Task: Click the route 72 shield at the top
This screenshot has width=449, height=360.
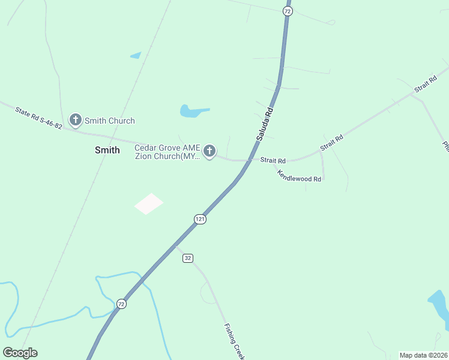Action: tap(288, 11)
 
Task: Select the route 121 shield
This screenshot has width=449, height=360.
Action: tap(200, 219)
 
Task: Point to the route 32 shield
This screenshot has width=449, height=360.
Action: tap(188, 258)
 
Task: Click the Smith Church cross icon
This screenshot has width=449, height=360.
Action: tap(76, 120)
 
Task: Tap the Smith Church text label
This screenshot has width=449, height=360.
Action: tap(110, 121)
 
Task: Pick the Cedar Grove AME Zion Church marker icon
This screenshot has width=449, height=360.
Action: tap(209, 152)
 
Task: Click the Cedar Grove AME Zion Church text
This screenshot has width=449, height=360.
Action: tap(167, 152)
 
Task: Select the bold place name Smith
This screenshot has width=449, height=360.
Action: tap(107, 151)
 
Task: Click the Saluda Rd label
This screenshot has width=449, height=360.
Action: tap(265, 124)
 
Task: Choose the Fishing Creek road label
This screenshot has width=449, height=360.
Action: tap(234, 341)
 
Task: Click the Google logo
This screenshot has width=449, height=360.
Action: tap(20, 353)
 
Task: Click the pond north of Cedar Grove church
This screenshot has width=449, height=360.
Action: tap(192, 111)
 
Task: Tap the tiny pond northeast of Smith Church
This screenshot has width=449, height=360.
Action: tap(136, 56)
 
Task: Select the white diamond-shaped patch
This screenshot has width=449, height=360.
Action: tap(149, 203)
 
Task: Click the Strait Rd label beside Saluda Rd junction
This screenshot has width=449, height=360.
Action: tap(273, 160)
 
